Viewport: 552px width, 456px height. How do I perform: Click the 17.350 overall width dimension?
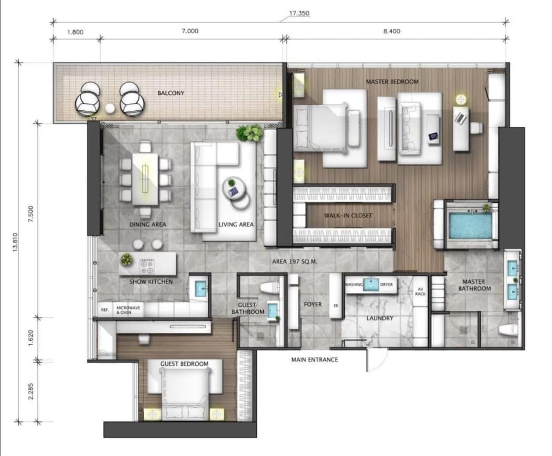299,13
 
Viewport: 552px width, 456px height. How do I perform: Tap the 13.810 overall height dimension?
15,242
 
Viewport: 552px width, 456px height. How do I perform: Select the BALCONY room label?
171,93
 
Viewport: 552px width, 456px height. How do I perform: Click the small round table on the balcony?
110,108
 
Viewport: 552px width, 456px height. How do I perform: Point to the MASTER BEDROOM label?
392,82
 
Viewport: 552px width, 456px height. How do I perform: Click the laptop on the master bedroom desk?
461,118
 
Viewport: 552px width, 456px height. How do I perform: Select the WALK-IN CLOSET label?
348,215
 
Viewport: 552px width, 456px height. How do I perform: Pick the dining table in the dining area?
145,180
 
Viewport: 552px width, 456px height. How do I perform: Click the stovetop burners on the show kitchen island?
147,266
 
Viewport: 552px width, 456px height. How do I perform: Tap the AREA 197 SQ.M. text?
294,262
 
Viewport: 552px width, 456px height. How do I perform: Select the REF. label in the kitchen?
105,310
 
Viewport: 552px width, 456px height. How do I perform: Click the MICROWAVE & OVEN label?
128,310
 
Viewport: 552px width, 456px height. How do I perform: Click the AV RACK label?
421,291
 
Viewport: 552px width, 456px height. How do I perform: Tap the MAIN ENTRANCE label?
315,360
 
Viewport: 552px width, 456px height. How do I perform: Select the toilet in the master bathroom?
508,330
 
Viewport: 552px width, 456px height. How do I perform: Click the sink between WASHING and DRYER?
371,285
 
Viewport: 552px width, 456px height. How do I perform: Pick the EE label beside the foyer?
336,306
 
